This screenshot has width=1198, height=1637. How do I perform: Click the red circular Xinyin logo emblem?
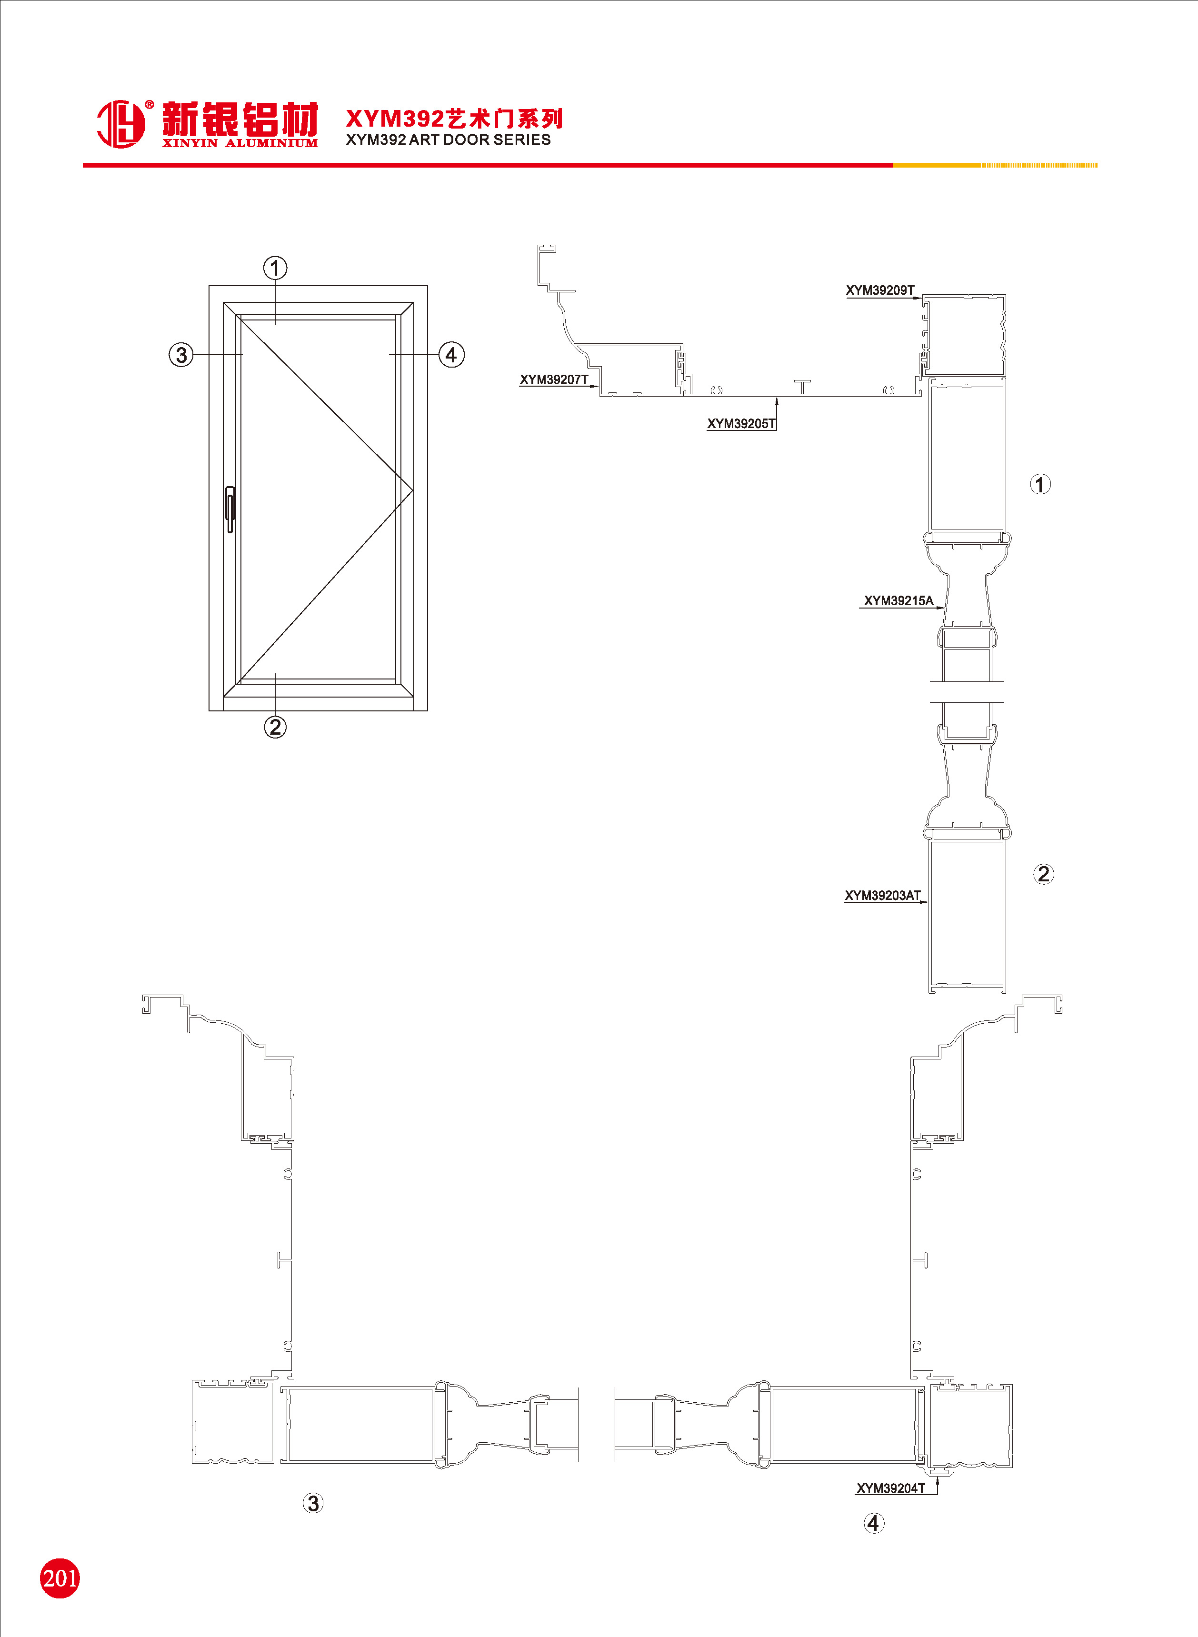pyautogui.click(x=121, y=124)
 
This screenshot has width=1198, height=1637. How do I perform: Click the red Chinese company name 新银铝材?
pyautogui.click(x=240, y=119)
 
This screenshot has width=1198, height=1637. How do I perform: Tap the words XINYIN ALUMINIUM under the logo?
pyautogui.click(x=240, y=143)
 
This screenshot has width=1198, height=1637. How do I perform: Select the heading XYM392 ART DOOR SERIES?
pyautogui.click(x=448, y=140)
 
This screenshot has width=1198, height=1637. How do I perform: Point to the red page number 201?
pyautogui.click(x=60, y=1578)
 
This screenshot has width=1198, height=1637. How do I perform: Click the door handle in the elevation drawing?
pyautogui.click(x=230, y=509)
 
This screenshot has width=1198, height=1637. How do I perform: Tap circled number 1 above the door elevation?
pyautogui.click(x=275, y=268)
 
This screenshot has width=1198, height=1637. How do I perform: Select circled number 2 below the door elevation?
pyautogui.click(x=275, y=727)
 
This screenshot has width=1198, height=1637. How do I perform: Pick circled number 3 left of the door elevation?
pyautogui.click(x=181, y=355)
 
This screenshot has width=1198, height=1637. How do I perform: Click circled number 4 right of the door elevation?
pyautogui.click(x=451, y=355)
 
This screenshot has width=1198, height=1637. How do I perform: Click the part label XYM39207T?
pyautogui.click(x=554, y=380)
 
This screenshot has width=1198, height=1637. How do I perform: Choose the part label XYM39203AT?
pyautogui.click(x=882, y=895)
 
